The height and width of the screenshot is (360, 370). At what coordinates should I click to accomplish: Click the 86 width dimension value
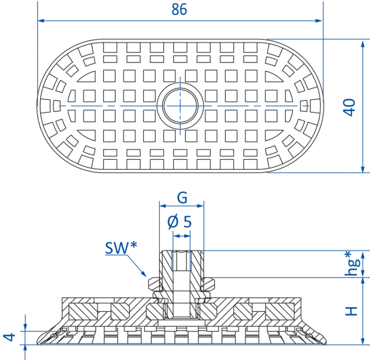(179, 10)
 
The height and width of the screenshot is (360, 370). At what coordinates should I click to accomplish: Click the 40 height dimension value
(349, 107)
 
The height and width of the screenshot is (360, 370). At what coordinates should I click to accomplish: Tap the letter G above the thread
(182, 198)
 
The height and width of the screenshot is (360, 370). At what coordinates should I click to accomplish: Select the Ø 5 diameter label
(180, 222)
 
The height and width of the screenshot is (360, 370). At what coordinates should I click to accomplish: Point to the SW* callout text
(121, 248)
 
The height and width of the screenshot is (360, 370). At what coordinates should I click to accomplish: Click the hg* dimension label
(352, 264)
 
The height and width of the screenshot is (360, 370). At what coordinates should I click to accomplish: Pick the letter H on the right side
(351, 311)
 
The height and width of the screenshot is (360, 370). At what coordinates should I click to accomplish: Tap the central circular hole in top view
(180, 106)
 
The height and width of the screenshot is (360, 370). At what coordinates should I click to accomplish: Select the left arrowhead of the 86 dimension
(41, 21)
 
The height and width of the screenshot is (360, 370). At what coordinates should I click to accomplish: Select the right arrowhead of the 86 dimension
(319, 21)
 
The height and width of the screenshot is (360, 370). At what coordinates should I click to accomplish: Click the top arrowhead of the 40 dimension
(363, 43)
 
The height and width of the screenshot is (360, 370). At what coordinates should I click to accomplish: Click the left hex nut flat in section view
(154, 284)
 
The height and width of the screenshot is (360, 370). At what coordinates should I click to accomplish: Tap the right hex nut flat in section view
(208, 284)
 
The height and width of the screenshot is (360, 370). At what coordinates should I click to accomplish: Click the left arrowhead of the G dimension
(163, 206)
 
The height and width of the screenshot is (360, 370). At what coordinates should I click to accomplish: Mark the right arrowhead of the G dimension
(200, 206)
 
